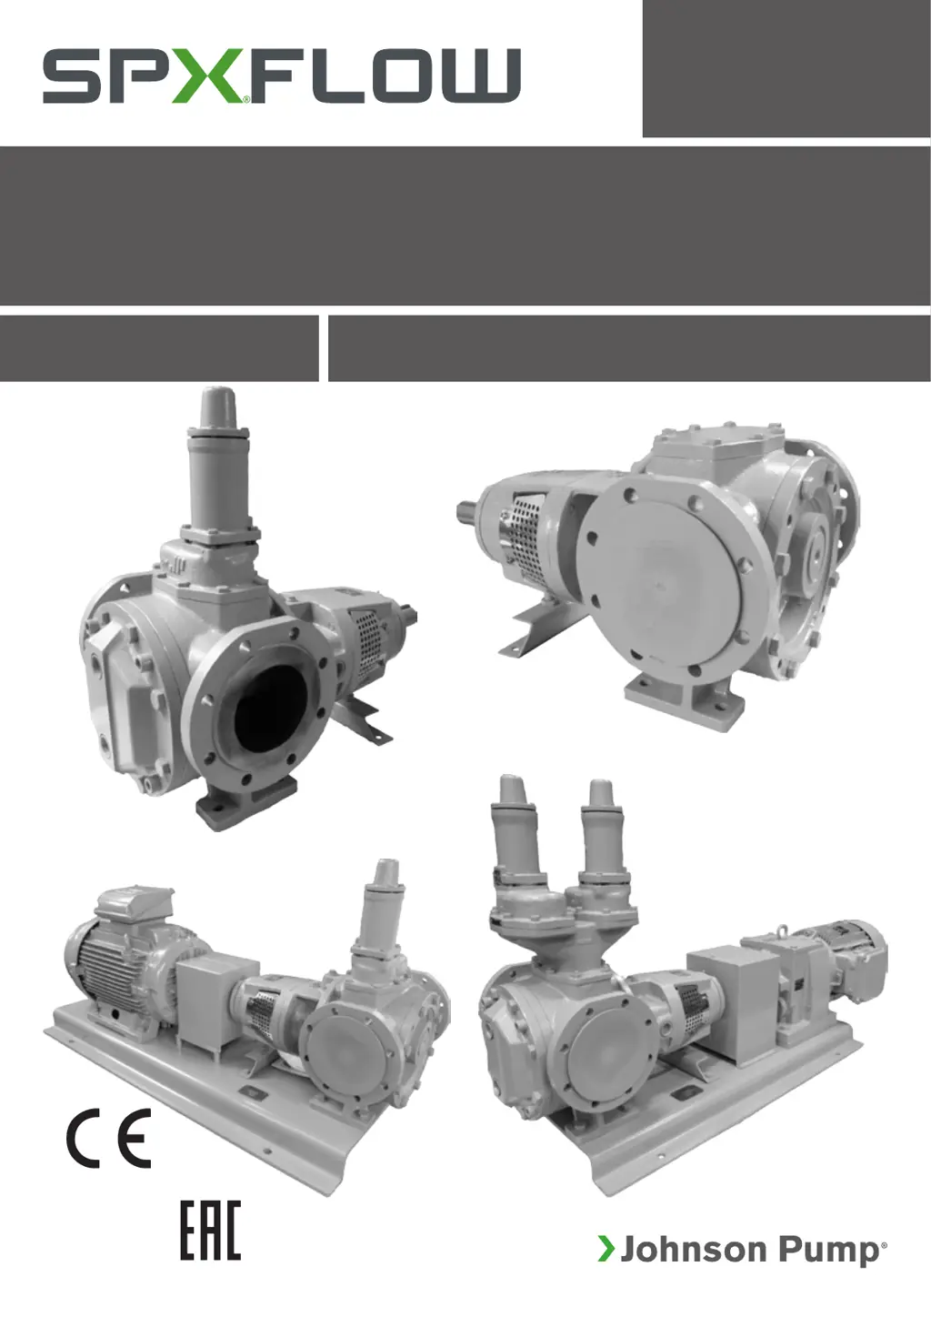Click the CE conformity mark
108,1138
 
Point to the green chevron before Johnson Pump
606,1249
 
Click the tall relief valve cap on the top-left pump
218,413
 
